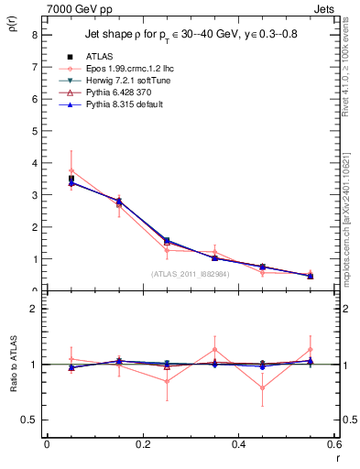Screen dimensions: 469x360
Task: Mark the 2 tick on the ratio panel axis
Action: click(34, 309)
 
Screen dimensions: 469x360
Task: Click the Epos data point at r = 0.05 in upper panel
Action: click(71, 171)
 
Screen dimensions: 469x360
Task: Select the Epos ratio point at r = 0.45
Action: click(263, 387)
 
